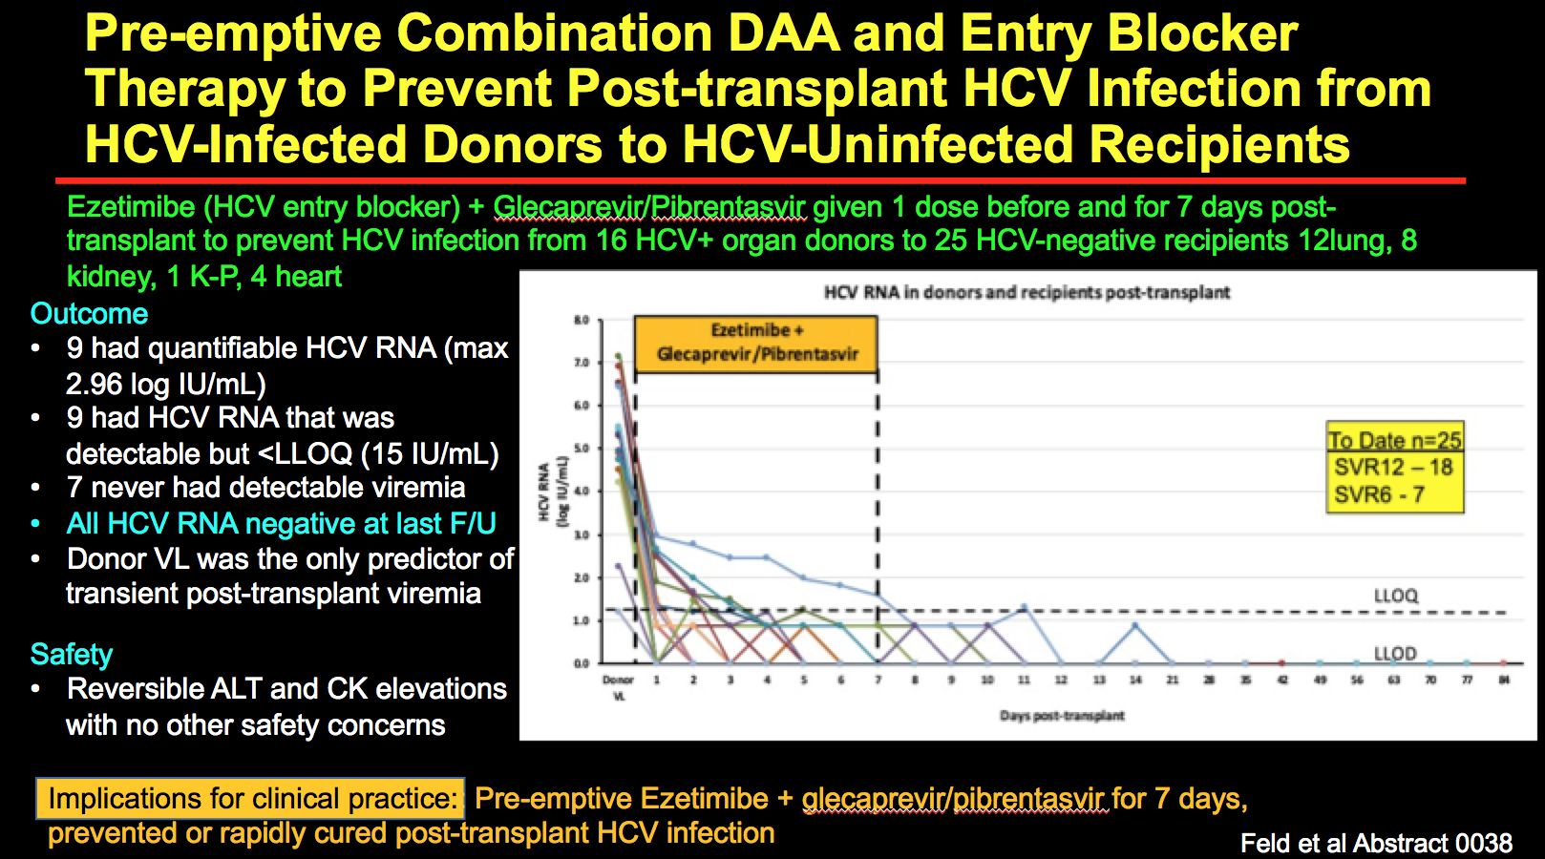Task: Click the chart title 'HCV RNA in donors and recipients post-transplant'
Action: click(x=1026, y=292)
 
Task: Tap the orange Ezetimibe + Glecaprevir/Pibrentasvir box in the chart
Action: click(x=756, y=343)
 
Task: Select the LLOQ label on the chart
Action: click(x=1395, y=596)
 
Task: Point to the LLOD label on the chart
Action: click(x=1394, y=654)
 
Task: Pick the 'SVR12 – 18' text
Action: click(x=1392, y=468)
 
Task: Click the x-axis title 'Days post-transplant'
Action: click(x=1062, y=716)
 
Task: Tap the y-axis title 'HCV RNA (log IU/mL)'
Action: click(x=553, y=491)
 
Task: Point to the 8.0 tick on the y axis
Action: click(x=582, y=320)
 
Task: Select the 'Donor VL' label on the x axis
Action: click(x=618, y=687)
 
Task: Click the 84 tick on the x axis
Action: click(x=1504, y=680)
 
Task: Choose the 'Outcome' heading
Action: click(x=89, y=314)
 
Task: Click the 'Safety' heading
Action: click(x=72, y=655)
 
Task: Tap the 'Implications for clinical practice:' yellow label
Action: click(x=251, y=799)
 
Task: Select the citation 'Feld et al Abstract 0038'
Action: click(x=1376, y=843)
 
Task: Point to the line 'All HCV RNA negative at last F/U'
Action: click(x=281, y=524)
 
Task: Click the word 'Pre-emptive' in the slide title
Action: click(x=234, y=34)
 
